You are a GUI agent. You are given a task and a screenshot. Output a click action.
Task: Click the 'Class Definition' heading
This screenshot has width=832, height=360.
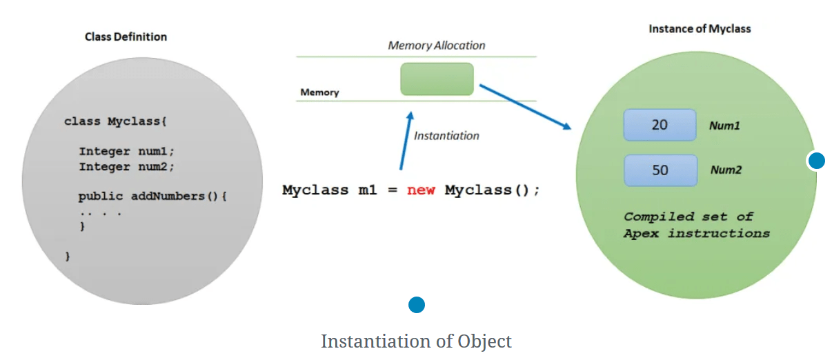click(126, 37)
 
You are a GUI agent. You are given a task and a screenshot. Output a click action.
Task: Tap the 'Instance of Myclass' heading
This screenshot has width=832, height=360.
click(700, 29)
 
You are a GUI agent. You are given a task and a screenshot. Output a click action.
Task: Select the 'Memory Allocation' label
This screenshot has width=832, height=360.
click(437, 46)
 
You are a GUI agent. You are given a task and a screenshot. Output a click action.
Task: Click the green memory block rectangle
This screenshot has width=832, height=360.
click(437, 79)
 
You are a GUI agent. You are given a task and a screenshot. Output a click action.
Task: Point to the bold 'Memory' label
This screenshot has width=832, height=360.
click(319, 92)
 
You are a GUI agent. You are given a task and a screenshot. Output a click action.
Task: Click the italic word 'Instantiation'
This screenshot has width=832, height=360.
click(446, 136)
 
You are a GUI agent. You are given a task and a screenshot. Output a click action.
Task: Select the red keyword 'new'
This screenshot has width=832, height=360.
click(421, 190)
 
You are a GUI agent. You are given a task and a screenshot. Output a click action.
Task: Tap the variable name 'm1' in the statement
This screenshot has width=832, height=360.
click(368, 190)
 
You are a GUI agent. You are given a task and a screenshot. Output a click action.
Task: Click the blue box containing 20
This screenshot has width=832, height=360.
click(660, 126)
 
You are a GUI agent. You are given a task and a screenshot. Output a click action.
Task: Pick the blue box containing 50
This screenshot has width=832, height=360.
click(660, 170)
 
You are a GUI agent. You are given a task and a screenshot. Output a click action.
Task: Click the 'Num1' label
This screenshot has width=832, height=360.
click(724, 126)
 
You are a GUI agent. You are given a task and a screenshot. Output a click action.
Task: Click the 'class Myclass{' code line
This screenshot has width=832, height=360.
click(115, 121)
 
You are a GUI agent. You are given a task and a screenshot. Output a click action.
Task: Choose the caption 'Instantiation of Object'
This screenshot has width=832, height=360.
click(416, 341)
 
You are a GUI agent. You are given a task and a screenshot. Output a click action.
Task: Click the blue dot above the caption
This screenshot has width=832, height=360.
click(416, 305)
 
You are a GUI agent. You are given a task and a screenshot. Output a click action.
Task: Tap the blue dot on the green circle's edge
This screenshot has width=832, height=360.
click(816, 161)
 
